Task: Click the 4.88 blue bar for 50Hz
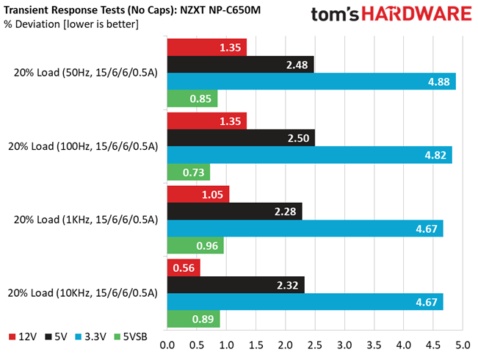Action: pos(311,82)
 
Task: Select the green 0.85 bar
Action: pos(192,98)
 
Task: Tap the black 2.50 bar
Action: pos(241,138)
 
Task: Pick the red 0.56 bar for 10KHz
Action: pos(184,268)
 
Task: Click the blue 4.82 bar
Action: pos(310,155)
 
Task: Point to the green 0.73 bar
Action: pos(189,172)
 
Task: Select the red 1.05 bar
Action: pos(198,195)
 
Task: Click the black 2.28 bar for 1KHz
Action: pos(235,212)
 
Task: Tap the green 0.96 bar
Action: pos(196,245)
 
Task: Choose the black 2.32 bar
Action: pos(236,285)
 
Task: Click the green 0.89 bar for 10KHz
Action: pos(194,319)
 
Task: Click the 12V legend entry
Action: pos(23,336)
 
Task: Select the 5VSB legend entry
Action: pos(131,336)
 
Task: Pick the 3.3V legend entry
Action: pos(91,336)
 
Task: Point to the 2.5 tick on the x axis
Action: pos(315,345)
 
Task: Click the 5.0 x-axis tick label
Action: pos(463,345)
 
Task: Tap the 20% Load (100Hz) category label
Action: pos(83,146)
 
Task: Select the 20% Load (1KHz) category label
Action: pos(86,220)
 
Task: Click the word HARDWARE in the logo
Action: pos(417,14)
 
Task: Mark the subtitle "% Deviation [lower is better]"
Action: pos(71,24)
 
